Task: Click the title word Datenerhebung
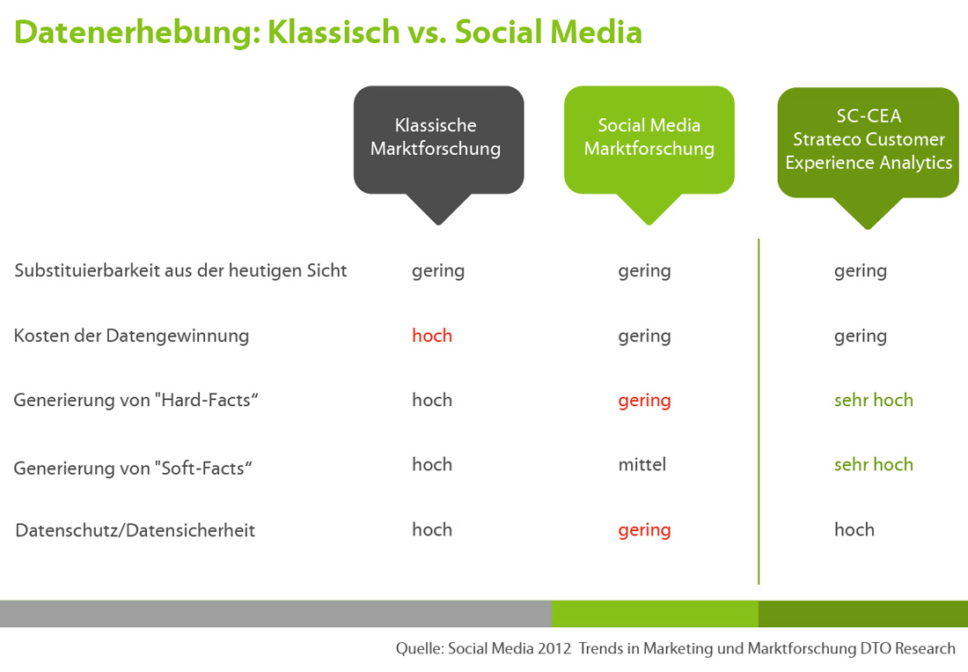coord(133,33)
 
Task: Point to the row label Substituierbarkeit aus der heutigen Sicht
coord(180,270)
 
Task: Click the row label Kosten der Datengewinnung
coord(131,336)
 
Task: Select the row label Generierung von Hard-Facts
coord(136,400)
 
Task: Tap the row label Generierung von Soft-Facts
coord(133,469)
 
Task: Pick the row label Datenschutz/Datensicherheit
coord(136,530)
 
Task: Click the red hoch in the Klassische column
coord(432,336)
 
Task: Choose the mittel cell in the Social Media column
coord(642,464)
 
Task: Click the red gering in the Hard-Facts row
coord(644,401)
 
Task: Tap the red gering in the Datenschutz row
coord(644,530)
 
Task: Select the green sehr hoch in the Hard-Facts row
coord(874,400)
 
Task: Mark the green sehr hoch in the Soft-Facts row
coord(874,464)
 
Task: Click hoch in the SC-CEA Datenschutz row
coord(854,529)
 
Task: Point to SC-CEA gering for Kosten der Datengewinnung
coord(861,336)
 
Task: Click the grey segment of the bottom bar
coord(275,614)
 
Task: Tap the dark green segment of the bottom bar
coord(863,614)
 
